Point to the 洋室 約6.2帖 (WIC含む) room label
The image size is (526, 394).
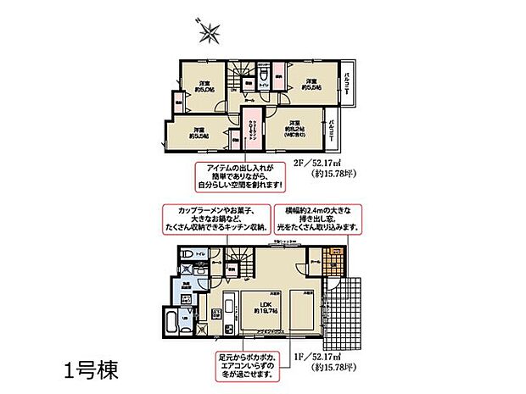294,126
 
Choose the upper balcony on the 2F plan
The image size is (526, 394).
350,86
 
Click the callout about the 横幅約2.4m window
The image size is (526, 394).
319,219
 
